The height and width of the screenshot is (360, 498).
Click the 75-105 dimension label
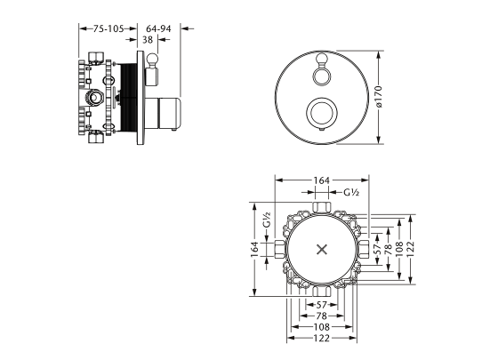108,28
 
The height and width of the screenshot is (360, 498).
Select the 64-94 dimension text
158,28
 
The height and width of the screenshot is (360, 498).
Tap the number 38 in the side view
148,40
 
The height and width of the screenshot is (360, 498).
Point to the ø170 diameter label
378,97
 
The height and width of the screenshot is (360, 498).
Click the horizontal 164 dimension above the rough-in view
322,180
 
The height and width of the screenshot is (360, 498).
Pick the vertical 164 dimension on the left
255,250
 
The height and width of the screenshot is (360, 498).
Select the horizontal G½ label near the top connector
351,192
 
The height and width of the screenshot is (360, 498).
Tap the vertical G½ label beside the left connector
267,220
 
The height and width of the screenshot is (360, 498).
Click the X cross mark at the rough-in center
322,250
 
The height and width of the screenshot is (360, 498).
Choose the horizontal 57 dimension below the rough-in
322,305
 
